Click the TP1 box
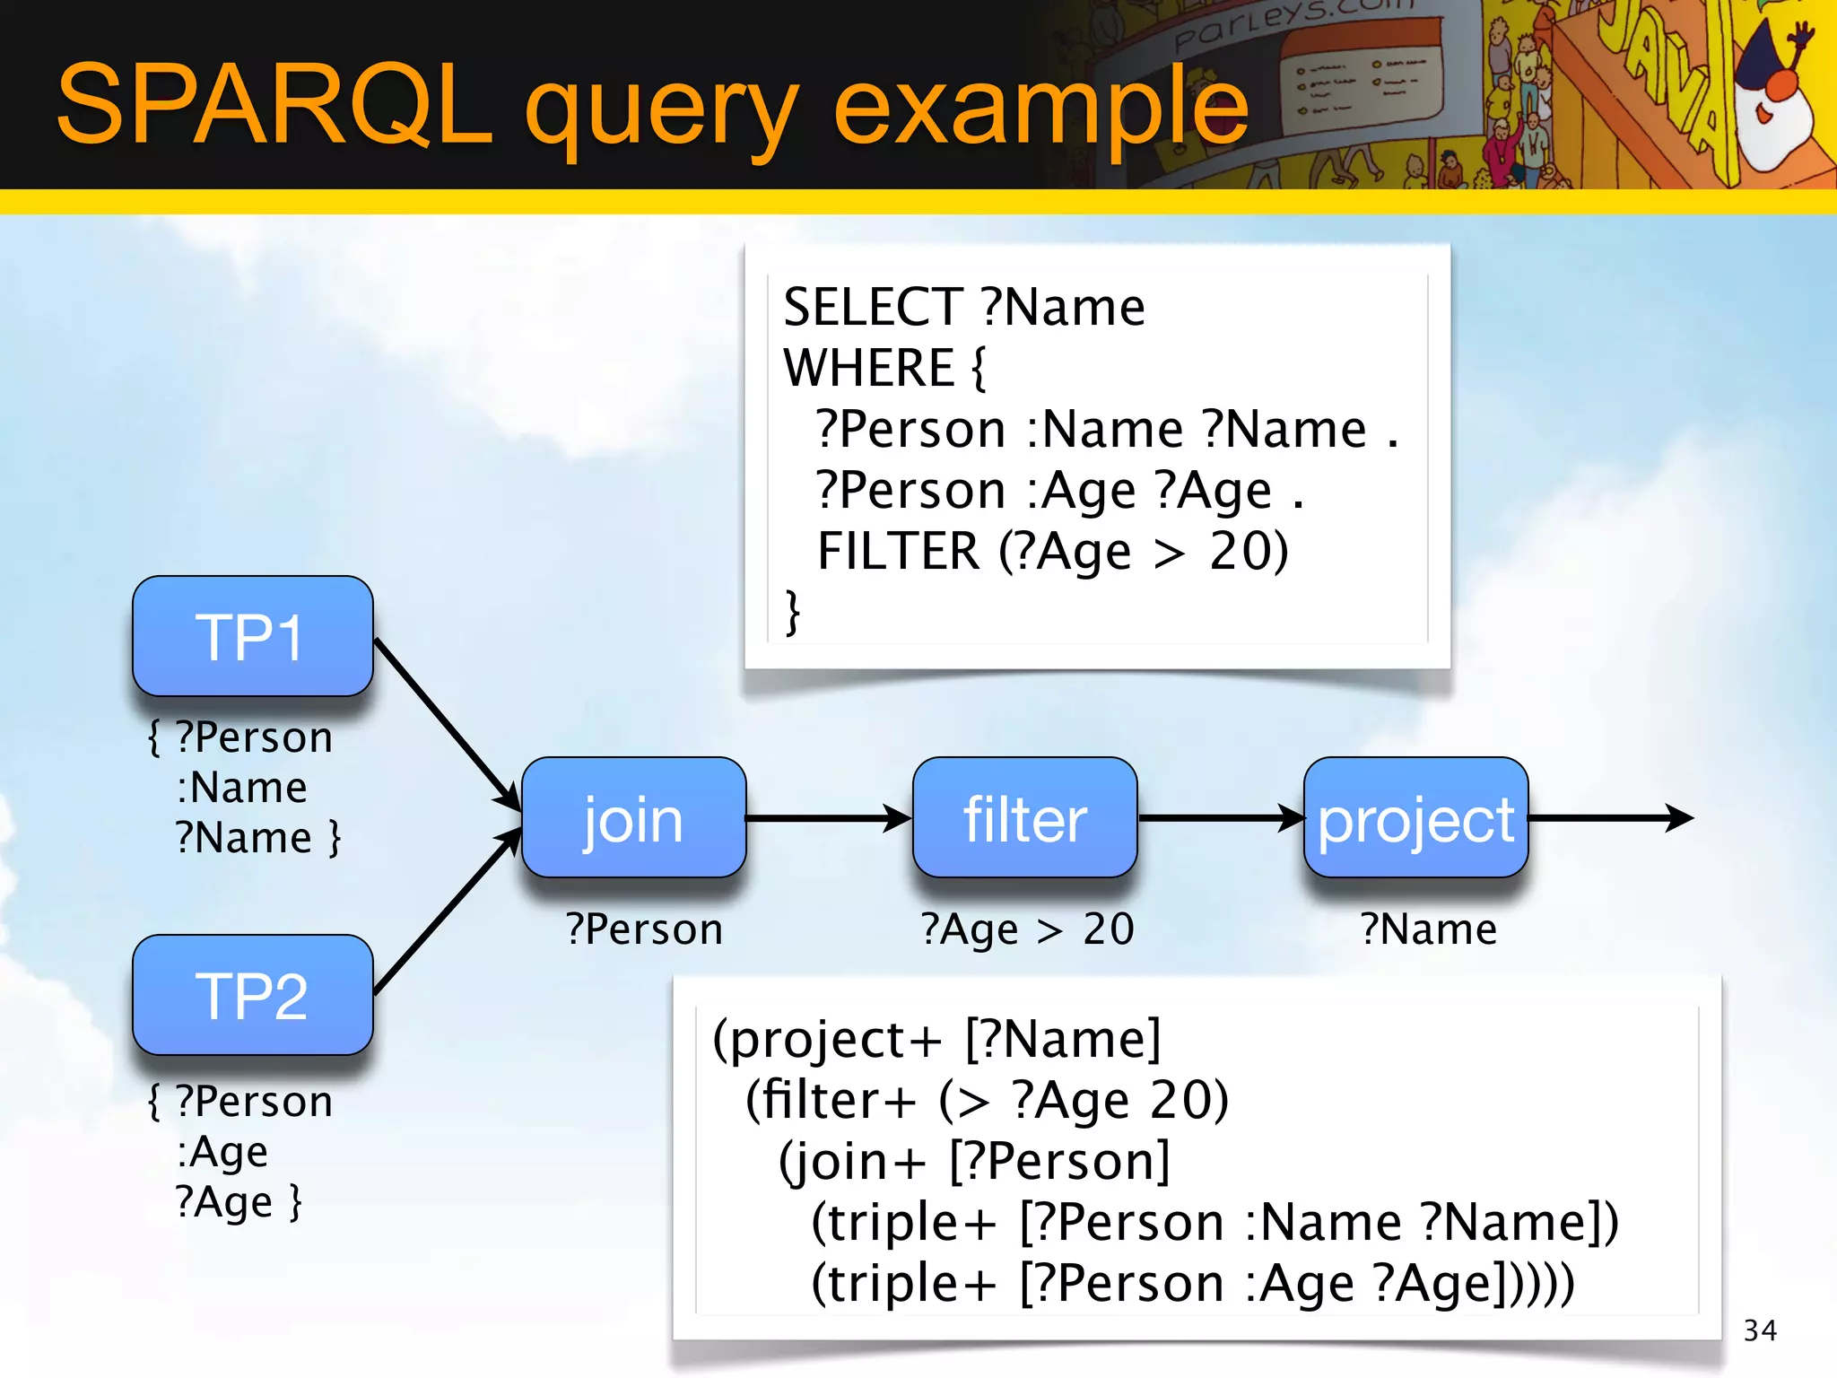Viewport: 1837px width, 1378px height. coord(252,637)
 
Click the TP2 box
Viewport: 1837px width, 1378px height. coord(252,996)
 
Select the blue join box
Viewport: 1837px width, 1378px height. coord(633,818)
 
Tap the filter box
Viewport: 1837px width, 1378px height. coord(1024,818)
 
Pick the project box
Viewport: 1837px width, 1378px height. coord(1415,818)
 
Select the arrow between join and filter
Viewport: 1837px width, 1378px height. coord(827,818)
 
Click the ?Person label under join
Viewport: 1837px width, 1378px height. coord(644,929)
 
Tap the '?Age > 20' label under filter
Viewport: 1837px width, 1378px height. coord(1027,929)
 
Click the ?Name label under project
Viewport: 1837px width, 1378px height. coord(1428,929)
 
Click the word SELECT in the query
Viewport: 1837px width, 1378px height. coord(873,308)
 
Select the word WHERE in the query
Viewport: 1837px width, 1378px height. coord(868,368)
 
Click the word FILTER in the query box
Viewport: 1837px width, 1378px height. coord(898,551)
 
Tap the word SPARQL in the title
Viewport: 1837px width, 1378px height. coord(274,105)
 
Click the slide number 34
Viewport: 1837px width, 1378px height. coord(1760,1330)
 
